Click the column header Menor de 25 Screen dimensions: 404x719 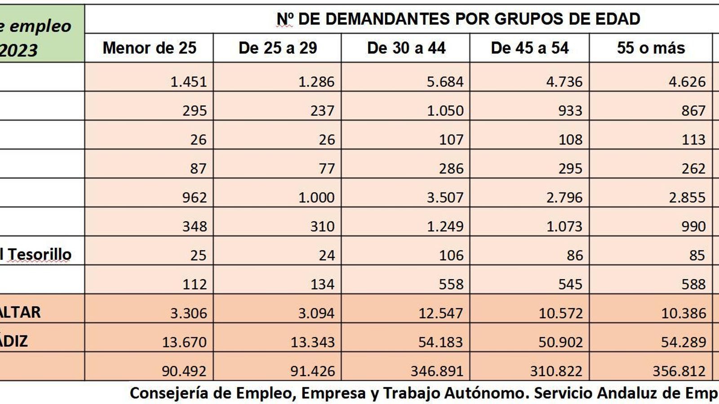[x=149, y=48]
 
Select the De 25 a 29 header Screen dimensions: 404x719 [x=278, y=48]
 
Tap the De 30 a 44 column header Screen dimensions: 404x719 [x=406, y=48]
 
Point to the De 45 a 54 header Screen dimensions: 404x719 [x=530, y=48]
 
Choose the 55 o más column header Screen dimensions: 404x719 [x=651, y=48]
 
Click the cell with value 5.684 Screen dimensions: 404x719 [x=445, y=82]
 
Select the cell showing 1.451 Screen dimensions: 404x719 [x=189, y=82]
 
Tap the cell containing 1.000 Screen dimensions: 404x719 [x=316, y=198]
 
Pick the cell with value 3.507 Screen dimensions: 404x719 [x=445, y=198]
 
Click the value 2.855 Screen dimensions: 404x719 [x=687, y=198]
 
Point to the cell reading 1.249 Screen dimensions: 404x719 [x=445, y=226]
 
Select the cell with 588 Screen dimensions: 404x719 [x=693, y=284]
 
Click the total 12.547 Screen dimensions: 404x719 [x=440, y=313]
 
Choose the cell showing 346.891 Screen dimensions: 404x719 [x=437, y=371]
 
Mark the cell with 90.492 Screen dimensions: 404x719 [x=184, y=371]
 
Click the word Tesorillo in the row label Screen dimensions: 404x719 [x=40, y=255]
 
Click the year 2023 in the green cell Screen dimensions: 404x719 [x=19, y=50]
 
